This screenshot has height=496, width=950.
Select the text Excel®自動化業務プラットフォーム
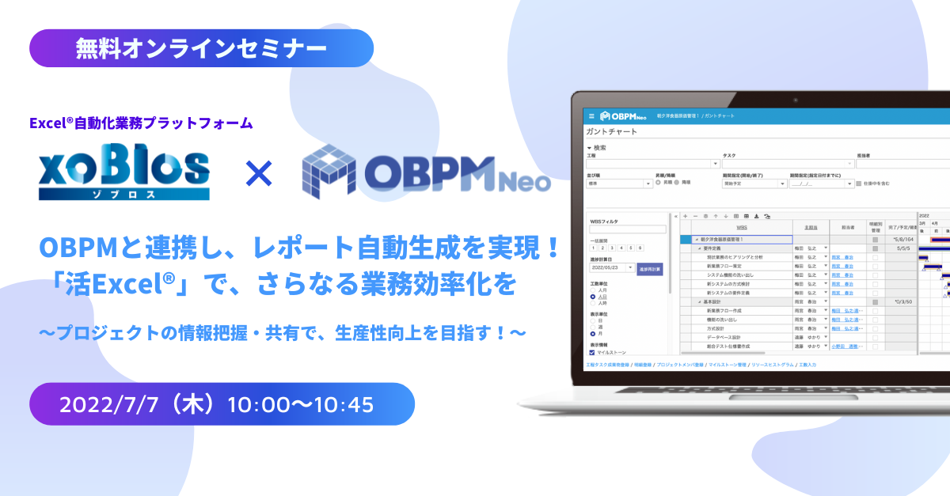(140, 123)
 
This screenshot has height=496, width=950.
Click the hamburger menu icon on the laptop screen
(591, 115)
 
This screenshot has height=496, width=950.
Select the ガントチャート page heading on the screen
(612, 131)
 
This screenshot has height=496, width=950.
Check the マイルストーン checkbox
(593, 353)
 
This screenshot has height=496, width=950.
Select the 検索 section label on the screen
(599, 147)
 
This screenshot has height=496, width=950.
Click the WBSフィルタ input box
(628, 230)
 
